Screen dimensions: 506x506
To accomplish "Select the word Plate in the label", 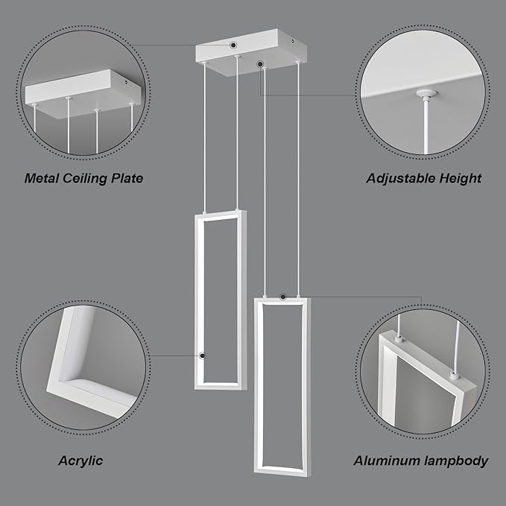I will (127, 178).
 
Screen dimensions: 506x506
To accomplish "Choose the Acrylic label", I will (80, 461).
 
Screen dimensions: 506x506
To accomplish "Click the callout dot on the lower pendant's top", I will (282, 297).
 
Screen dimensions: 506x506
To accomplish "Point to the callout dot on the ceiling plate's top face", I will (234, 45).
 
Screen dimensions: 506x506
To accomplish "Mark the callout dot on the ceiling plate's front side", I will (259, 65).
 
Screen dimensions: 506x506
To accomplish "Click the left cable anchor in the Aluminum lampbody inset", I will (400, 339).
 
